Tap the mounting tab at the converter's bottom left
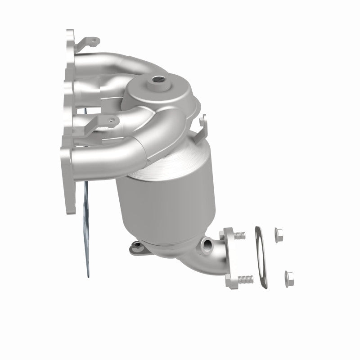(135, 246)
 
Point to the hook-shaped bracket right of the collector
(203, 124)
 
